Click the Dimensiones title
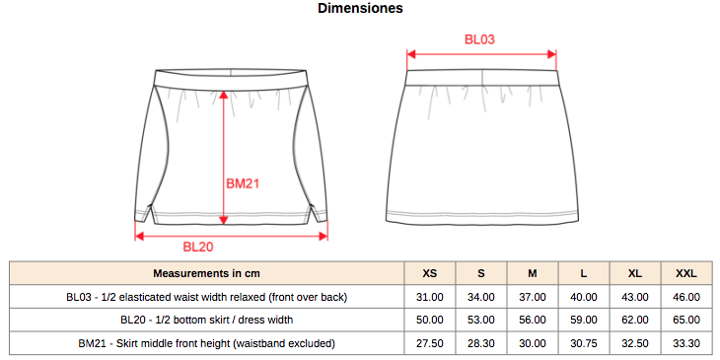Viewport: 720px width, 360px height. tap(360, 8)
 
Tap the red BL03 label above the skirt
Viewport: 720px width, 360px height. tap(480, 39)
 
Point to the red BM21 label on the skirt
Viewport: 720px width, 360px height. tap(243, 184)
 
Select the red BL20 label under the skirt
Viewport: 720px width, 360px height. tap(198, 247)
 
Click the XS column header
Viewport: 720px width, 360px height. tap(430, 273)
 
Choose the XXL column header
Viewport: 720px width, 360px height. tap(686, 273)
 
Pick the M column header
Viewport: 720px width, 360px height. tap(533, 273)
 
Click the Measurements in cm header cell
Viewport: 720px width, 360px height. tap(207, 273)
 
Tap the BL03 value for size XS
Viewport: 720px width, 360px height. tap(430, 297)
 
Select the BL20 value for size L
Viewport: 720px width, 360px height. tap(584, 320)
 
